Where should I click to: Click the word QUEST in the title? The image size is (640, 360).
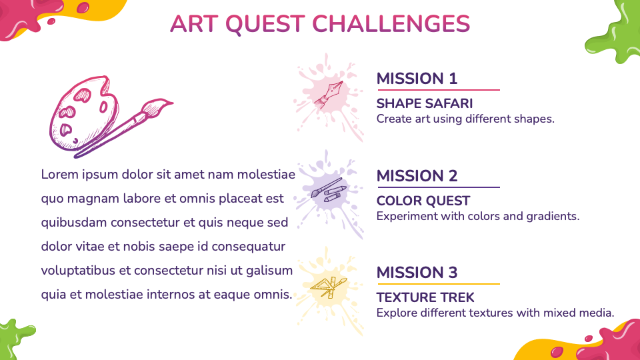[265, 24]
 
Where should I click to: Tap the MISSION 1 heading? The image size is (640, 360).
[417, 79]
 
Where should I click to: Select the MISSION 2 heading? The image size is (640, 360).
[417, 176]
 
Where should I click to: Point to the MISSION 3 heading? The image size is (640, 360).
[417, 273]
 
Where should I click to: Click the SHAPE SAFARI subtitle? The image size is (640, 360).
[425, 103]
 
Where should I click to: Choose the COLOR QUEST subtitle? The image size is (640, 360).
[423, 201]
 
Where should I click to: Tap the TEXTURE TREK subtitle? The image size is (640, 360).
[426, 297]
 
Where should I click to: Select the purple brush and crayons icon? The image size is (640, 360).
[329, 191]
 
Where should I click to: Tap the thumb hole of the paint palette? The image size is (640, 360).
[103, 107]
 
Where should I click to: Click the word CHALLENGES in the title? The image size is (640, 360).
[391, 24]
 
